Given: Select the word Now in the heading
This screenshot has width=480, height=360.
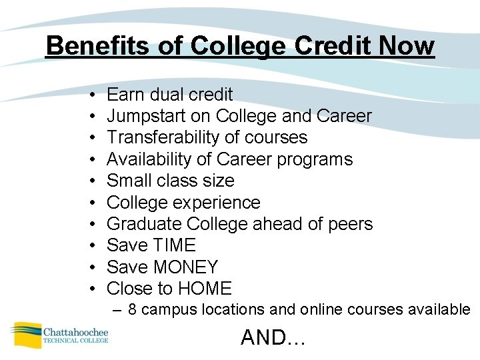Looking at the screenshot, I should click(407, 46).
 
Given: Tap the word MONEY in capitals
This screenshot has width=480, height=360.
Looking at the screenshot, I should click(185, 267).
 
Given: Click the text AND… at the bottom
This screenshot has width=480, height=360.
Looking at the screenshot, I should click(272, 337).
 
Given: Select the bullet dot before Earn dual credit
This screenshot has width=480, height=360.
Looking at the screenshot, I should click(89, 95).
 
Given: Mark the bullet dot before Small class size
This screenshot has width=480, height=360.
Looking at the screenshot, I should click(89, 181).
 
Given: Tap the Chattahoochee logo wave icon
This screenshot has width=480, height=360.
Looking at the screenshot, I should click(25, 333).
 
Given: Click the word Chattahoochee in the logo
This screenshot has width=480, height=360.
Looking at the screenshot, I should click(75, 331).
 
